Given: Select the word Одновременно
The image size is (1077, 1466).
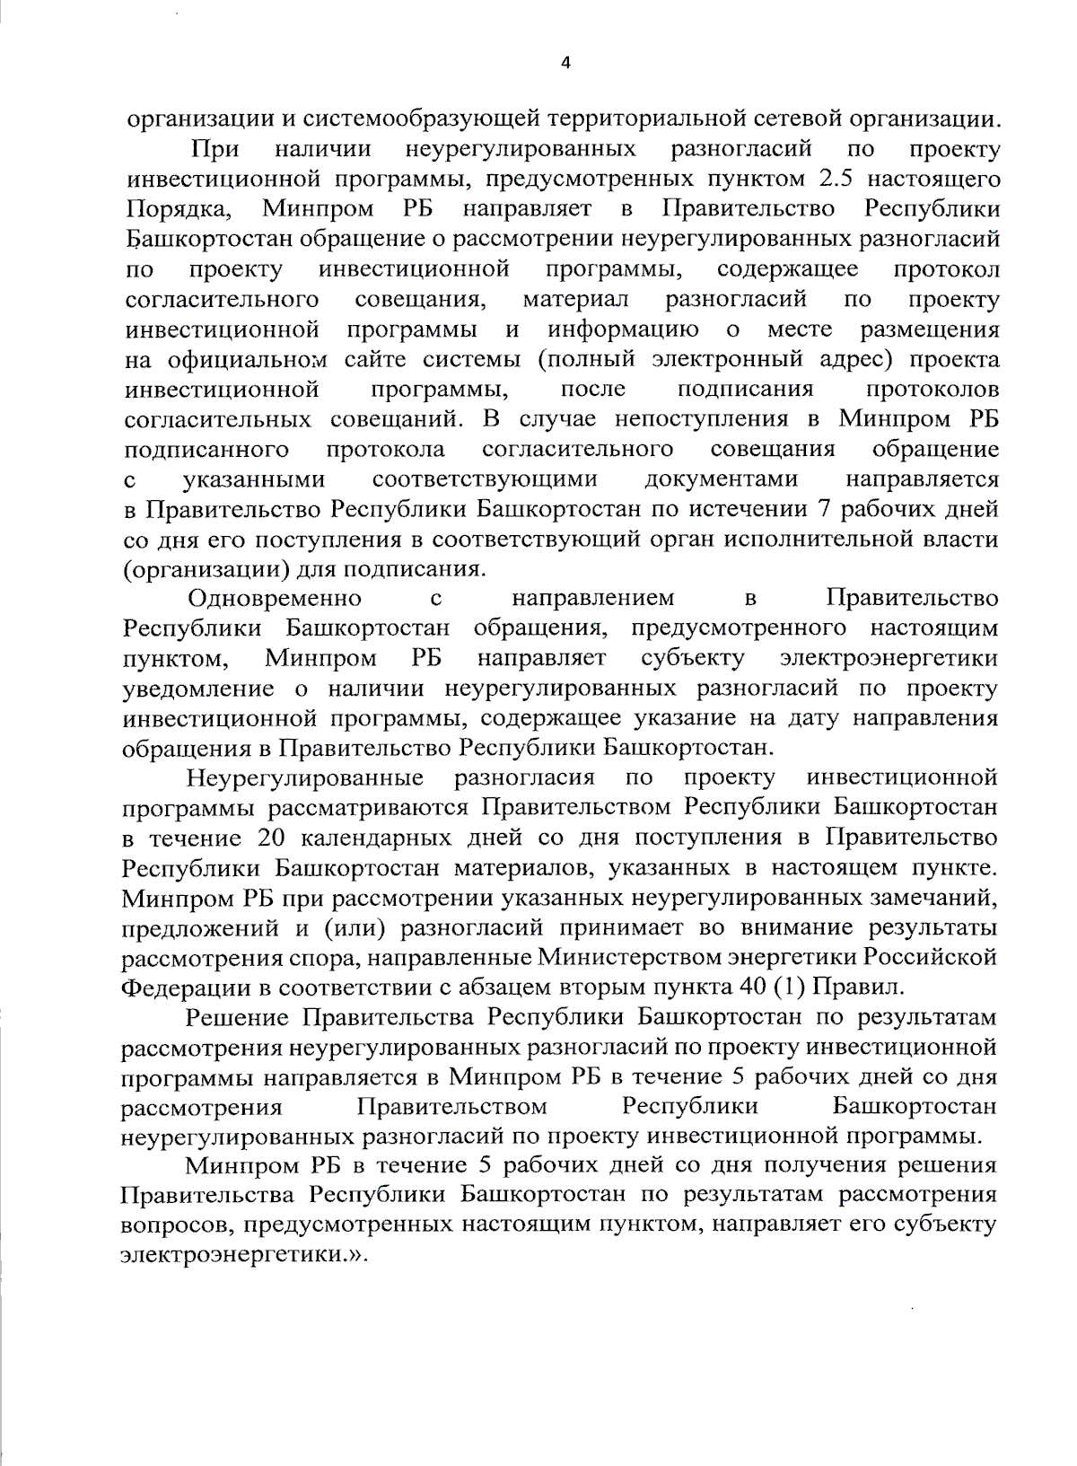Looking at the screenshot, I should [x=275, y=598].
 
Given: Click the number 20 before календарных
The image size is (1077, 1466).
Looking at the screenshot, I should [x=273, y=838].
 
